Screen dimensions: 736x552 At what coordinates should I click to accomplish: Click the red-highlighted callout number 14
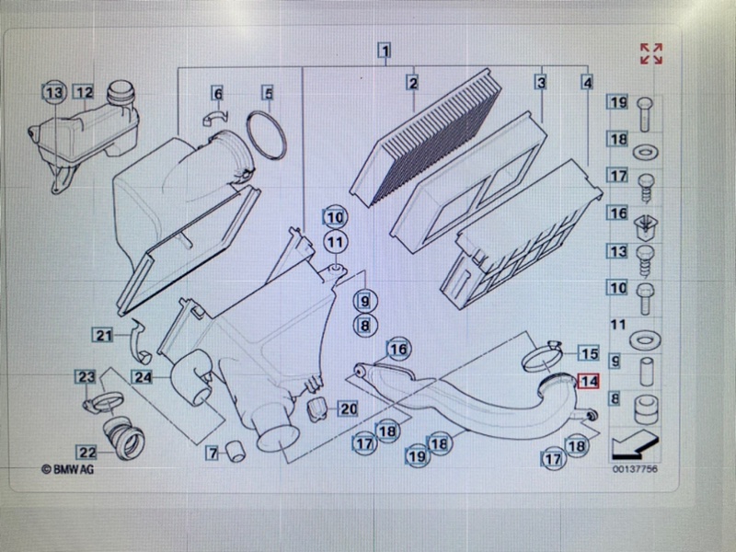pyautogui.click(x=589, y=381)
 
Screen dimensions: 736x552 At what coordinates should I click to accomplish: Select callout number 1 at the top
pyautogui.click(x=385, y=51)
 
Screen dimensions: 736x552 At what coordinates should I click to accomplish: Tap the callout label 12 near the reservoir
pyautogui.click(x=85, y=92)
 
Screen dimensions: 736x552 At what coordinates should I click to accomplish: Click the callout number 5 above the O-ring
pyautogui.click(x=268, y=93)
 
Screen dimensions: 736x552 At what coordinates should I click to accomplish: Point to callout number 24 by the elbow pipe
pyautogui.click(x=143, y=376)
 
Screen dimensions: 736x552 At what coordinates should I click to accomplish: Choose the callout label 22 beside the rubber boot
pyautogui.click(x=87, y=453)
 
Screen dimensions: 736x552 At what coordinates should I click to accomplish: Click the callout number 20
pyautogui.click(x=348, y=408)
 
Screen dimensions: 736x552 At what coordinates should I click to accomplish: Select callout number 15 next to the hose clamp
pyautogui.click(x=589, y=353)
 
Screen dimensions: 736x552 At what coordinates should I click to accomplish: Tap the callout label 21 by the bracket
pyautogui.click(x=103, y=335)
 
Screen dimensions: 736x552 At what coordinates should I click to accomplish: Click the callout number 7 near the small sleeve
pyautogui.click(x=213, y=453)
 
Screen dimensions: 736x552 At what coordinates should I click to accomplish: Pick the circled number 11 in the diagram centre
pyautogui.click(x=335, y=242)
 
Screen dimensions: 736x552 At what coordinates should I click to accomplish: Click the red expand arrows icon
pyautogui.click(x=651, y=53)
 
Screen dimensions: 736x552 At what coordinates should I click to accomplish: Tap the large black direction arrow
pyautogui.click(x=635, y=445)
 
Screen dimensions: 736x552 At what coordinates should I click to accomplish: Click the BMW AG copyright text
pyautogui.click(x=67, y=469)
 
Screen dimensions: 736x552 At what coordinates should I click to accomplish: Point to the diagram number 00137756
pyautogui.click(x=635, y=469)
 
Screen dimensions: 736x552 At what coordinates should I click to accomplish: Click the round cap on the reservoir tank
pyautogui.click(x=121, y=90)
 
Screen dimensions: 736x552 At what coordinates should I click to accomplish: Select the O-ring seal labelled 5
pyautogui.click(x=266, y=135)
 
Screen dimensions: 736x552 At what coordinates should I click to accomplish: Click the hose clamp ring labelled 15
pyautogui.click(x=542, y=358)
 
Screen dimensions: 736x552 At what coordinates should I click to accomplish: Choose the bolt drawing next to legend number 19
pyautogui.click(x=646, y=114)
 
